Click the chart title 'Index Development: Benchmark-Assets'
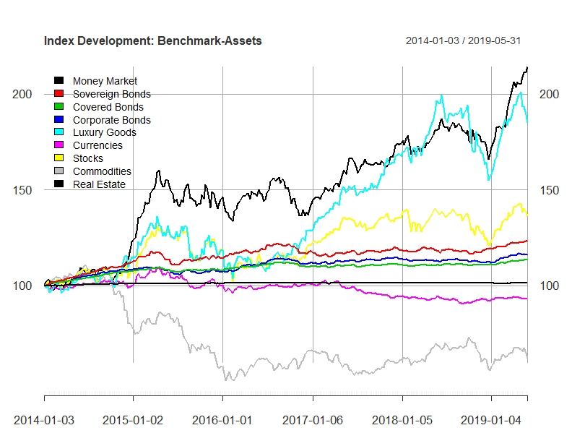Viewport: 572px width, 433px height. [x=153, y=40]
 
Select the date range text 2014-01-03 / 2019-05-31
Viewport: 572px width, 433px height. [x=463, y=40]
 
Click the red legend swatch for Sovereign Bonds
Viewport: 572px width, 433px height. [x=58, y=93]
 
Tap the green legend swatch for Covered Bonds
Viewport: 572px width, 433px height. [x=58, y=106]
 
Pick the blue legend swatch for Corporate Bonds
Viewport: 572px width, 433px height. [x=58, y=119]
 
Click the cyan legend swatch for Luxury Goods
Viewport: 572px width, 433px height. [x=58, y=132]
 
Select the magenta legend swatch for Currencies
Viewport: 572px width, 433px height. [x=58, y=145]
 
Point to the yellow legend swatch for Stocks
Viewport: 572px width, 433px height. [x=58, y=158]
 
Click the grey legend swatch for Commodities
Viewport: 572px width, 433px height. [x=58, y=171]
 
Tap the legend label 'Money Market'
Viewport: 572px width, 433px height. [x=105, y=81]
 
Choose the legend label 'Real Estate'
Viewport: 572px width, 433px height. [x=99, y=184]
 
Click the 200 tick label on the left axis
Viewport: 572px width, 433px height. [x=22, y=94]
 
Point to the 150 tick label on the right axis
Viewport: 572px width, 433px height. [x=549, y=190]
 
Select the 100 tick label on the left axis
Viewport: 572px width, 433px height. [x=22, y=286]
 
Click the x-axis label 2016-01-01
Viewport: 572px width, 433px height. [x=222, y=420]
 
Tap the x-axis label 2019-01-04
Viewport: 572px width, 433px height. [x=491, y=420]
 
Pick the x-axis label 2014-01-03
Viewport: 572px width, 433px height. [x=44, y=420]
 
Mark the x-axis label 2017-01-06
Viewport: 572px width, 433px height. [x=313, y=420]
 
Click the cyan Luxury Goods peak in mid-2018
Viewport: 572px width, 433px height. [x=441, y=95]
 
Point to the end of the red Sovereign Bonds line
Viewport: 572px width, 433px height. [x=527, y=241]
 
